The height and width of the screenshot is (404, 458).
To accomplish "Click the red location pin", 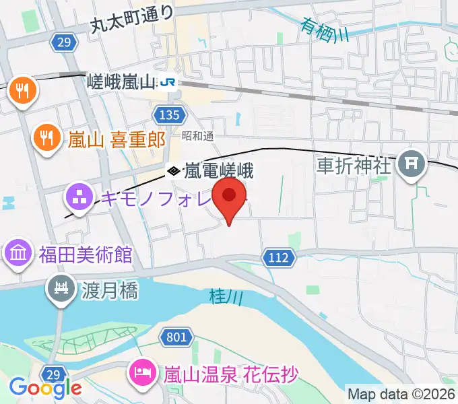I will pos(229,197).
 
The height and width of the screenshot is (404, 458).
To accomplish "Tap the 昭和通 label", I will pos(197,136).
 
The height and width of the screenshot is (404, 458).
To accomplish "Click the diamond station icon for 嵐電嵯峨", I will pos(174,171).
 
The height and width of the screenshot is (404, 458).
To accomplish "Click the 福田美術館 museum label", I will pos(85,255).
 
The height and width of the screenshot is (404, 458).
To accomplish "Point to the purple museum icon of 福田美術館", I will pos(18,255).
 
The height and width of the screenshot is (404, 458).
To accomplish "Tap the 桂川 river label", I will pos(221,296).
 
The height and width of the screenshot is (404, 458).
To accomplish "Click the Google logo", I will pos(46,388).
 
